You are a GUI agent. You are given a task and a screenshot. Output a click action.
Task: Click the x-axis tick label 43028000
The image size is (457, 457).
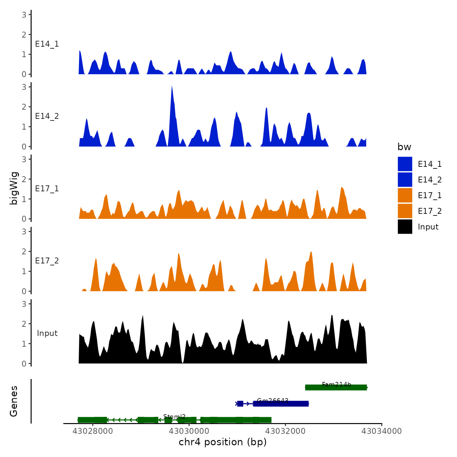[x=93, y=431]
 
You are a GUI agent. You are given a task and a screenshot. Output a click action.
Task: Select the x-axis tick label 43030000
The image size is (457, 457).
[x=189, y=431]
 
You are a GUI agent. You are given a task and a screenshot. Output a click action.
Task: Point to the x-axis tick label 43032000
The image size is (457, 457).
[x=285, y=431]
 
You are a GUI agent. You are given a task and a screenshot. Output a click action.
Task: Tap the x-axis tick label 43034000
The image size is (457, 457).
[x=382, y=431]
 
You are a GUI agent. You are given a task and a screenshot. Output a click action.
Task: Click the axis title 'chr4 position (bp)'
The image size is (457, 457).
[x=223, y=442]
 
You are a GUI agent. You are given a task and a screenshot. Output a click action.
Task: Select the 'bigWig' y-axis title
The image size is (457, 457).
[x=14, y=188]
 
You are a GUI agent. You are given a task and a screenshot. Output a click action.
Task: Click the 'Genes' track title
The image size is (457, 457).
[x=14, y=401]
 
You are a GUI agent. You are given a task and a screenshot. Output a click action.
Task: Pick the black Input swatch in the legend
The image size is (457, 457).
[x=405, y=227]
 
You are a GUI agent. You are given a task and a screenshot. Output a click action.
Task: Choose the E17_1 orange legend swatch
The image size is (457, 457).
[x=405, y=196]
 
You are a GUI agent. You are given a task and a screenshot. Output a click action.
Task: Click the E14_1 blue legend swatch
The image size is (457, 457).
[x=405, y=164]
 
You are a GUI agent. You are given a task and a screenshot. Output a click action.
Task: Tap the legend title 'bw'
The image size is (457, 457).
[x=404, y=147]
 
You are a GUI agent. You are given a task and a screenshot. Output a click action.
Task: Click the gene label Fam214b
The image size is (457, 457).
[x=336, y=384]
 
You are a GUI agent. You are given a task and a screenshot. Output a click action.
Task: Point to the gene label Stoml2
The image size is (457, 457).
[x=174, y=417]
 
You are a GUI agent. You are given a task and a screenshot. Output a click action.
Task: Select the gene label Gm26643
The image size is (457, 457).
[x=273, y=401]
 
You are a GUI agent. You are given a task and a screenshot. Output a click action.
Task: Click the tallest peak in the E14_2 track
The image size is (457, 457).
[x=172, y=87]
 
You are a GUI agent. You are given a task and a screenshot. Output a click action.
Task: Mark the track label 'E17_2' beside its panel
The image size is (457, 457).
[x=47, y=261]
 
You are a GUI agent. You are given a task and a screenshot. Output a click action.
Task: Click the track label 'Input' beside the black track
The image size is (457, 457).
[x=47, y=333]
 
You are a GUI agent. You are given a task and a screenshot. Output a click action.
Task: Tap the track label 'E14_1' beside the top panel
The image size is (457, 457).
[x=47, y=44]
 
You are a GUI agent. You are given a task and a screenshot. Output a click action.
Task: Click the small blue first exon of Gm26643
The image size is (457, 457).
[x=240, y=404]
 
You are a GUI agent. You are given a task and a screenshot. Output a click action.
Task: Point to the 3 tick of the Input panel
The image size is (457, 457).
[x=24, y=304]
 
